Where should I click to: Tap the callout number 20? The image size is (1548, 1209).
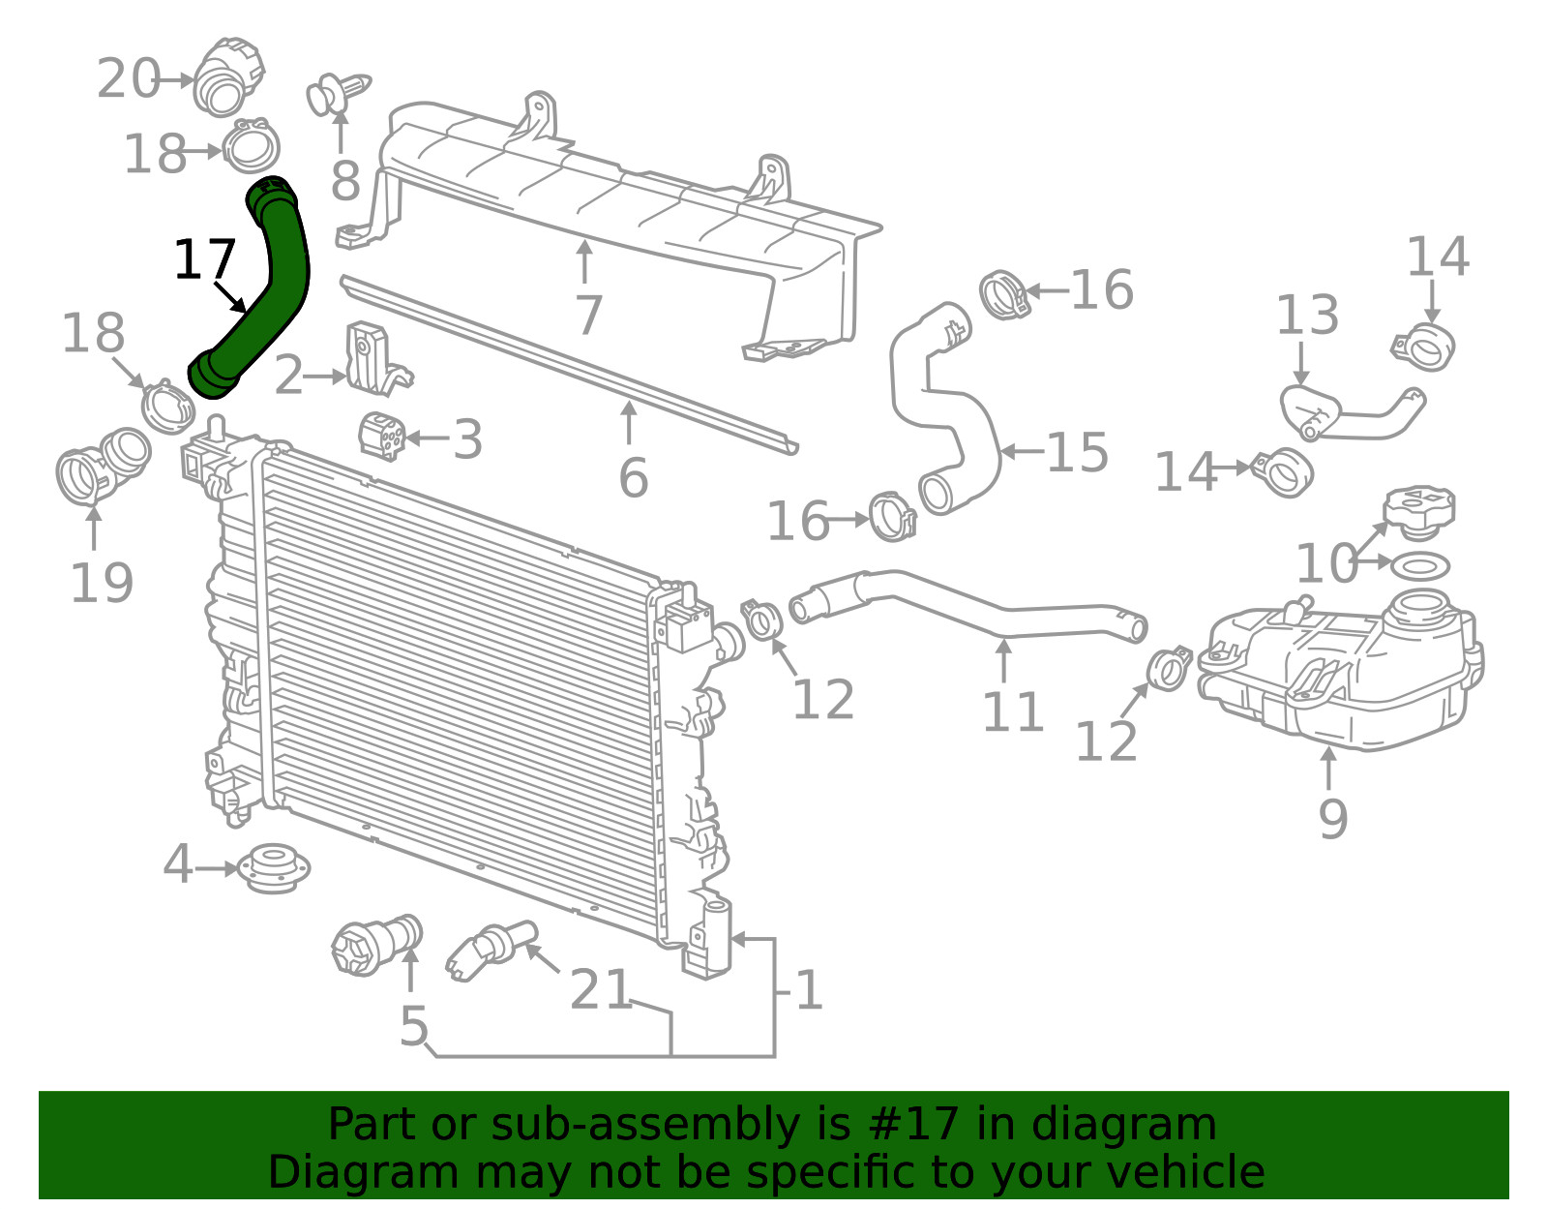129,78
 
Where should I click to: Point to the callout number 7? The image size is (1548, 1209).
588,315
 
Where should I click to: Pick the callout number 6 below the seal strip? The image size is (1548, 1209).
634,477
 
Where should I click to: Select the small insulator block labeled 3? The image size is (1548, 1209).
382,436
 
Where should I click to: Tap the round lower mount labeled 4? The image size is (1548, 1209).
273,868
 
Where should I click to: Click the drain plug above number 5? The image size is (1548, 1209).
376,943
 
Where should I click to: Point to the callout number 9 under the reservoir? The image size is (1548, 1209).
1332,819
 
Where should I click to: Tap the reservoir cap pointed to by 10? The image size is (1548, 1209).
1417,511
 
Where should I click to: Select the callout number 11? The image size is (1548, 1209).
1013,711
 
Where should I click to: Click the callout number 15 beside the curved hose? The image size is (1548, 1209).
1077,452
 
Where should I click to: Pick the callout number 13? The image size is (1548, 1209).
1306,315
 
